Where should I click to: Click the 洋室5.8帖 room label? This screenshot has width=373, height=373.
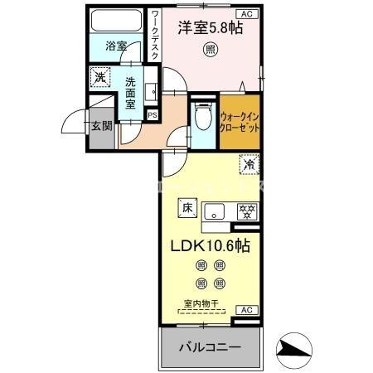[x=210, y=28]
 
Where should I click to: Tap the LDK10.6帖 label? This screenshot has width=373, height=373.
[x=211, y=246]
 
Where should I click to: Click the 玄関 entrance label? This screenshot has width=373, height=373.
[x=101, y=127]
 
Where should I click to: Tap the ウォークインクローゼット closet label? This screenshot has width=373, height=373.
[x=240, y=124]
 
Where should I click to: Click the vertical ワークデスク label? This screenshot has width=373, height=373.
[x=155, y=36]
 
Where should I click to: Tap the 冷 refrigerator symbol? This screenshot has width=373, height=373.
[x=247, y=165]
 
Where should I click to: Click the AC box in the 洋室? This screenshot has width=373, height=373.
[x=246, y=14]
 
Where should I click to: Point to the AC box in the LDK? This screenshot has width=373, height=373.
[x=245, y=309]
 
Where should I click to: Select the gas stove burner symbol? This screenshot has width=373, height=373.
[x=245, y=211]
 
